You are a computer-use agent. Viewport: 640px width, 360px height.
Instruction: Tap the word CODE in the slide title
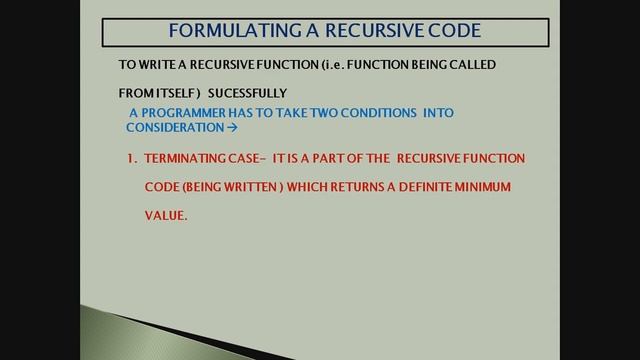click(452, 30)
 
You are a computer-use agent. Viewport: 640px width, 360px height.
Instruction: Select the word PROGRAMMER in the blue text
click(193, 113)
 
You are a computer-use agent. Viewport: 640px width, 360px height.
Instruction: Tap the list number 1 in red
click(131, 159)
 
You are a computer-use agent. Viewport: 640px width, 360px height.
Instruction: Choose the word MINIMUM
click(511, 187)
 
